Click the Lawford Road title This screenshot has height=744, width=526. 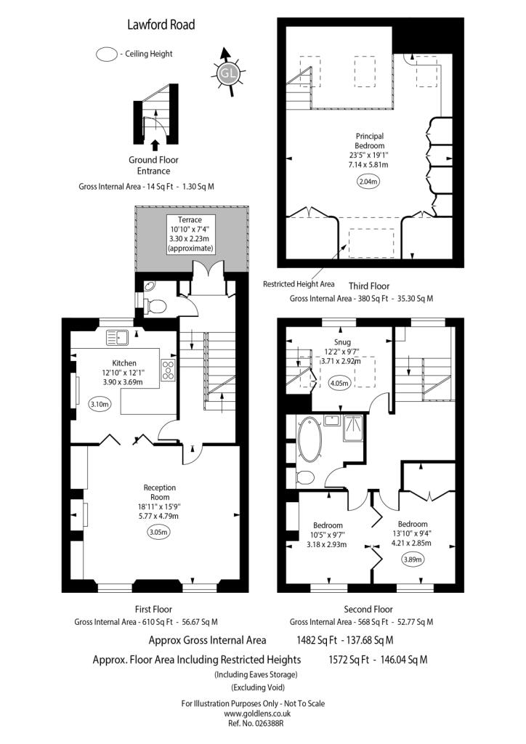pyautogui.click(x=161, y=25)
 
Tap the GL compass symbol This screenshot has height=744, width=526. pyautogui.click(x=228, y=73)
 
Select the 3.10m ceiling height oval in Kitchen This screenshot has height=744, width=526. pyautogui.click(x=100, y=405)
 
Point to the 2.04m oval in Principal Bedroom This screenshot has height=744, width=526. pyautogui.click(x=369, y=182)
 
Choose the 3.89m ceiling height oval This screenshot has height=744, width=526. pyautogui.click(x=412, y=559)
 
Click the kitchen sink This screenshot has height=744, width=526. pyautogui.click(x=117, y=337)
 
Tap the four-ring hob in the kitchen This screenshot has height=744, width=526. pyautogui.click(x=169, y=370)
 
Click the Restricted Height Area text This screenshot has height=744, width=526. pyautogui.click(x=299, y=284)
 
